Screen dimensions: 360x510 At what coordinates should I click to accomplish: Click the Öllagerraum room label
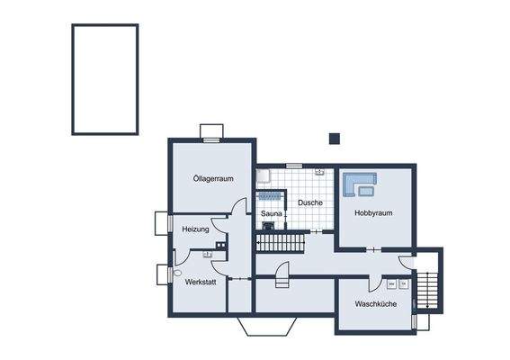click(x=213, y=178)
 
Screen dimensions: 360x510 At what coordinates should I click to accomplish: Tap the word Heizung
click(x=195, y=229)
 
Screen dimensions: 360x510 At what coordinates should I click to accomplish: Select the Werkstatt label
click(x=201, y=282)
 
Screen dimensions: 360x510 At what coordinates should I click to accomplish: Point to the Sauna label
click(x=272, y=213)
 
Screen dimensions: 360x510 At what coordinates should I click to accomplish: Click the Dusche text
click(x=309, y=202)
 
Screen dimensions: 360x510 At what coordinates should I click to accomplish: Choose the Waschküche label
click(x=375, y=304)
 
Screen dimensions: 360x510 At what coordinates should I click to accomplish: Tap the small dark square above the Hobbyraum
click(x=335, y=138)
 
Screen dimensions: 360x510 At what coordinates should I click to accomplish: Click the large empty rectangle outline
click(x=104, y=78)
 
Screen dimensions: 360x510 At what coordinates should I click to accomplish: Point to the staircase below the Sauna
click(x=281, y=243)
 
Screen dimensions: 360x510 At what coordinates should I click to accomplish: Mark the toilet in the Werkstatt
click(x=176, y=272)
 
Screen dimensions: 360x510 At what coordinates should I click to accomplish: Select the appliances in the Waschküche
click(x=398, y=283)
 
